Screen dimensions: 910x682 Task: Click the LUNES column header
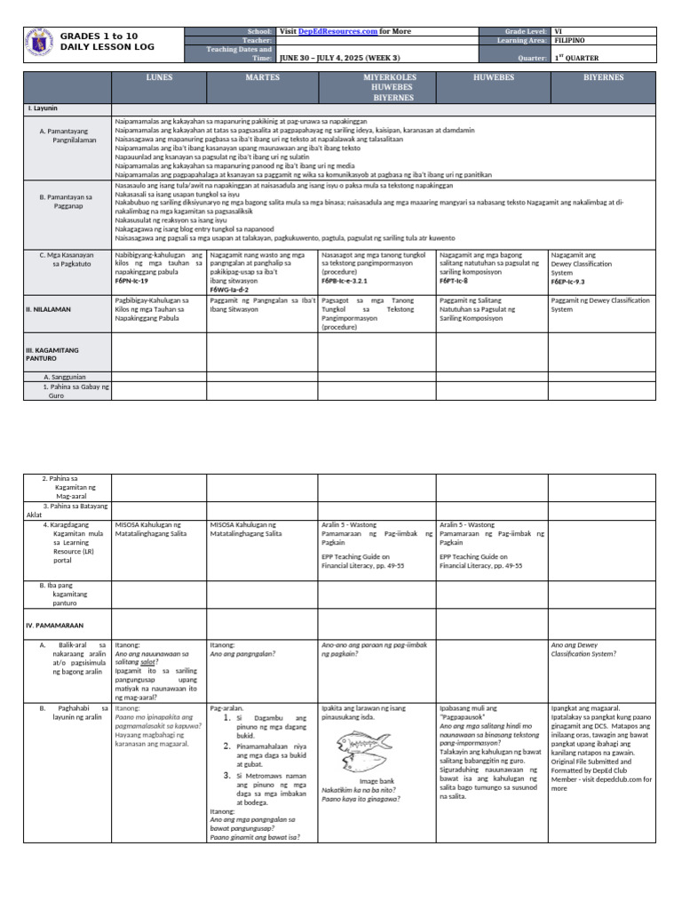pos(159,78)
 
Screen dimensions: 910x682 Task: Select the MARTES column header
pos(262,78)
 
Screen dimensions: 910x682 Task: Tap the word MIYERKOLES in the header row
pos(377,78)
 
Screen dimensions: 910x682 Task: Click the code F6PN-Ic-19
pos(133,281)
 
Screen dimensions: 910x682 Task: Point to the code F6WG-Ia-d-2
pos(229,290)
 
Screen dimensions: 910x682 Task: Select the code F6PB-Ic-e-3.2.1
pos(351,281)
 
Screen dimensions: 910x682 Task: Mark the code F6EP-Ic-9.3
pos(568,281)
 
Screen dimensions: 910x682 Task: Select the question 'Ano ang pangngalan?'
pos(242,654)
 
